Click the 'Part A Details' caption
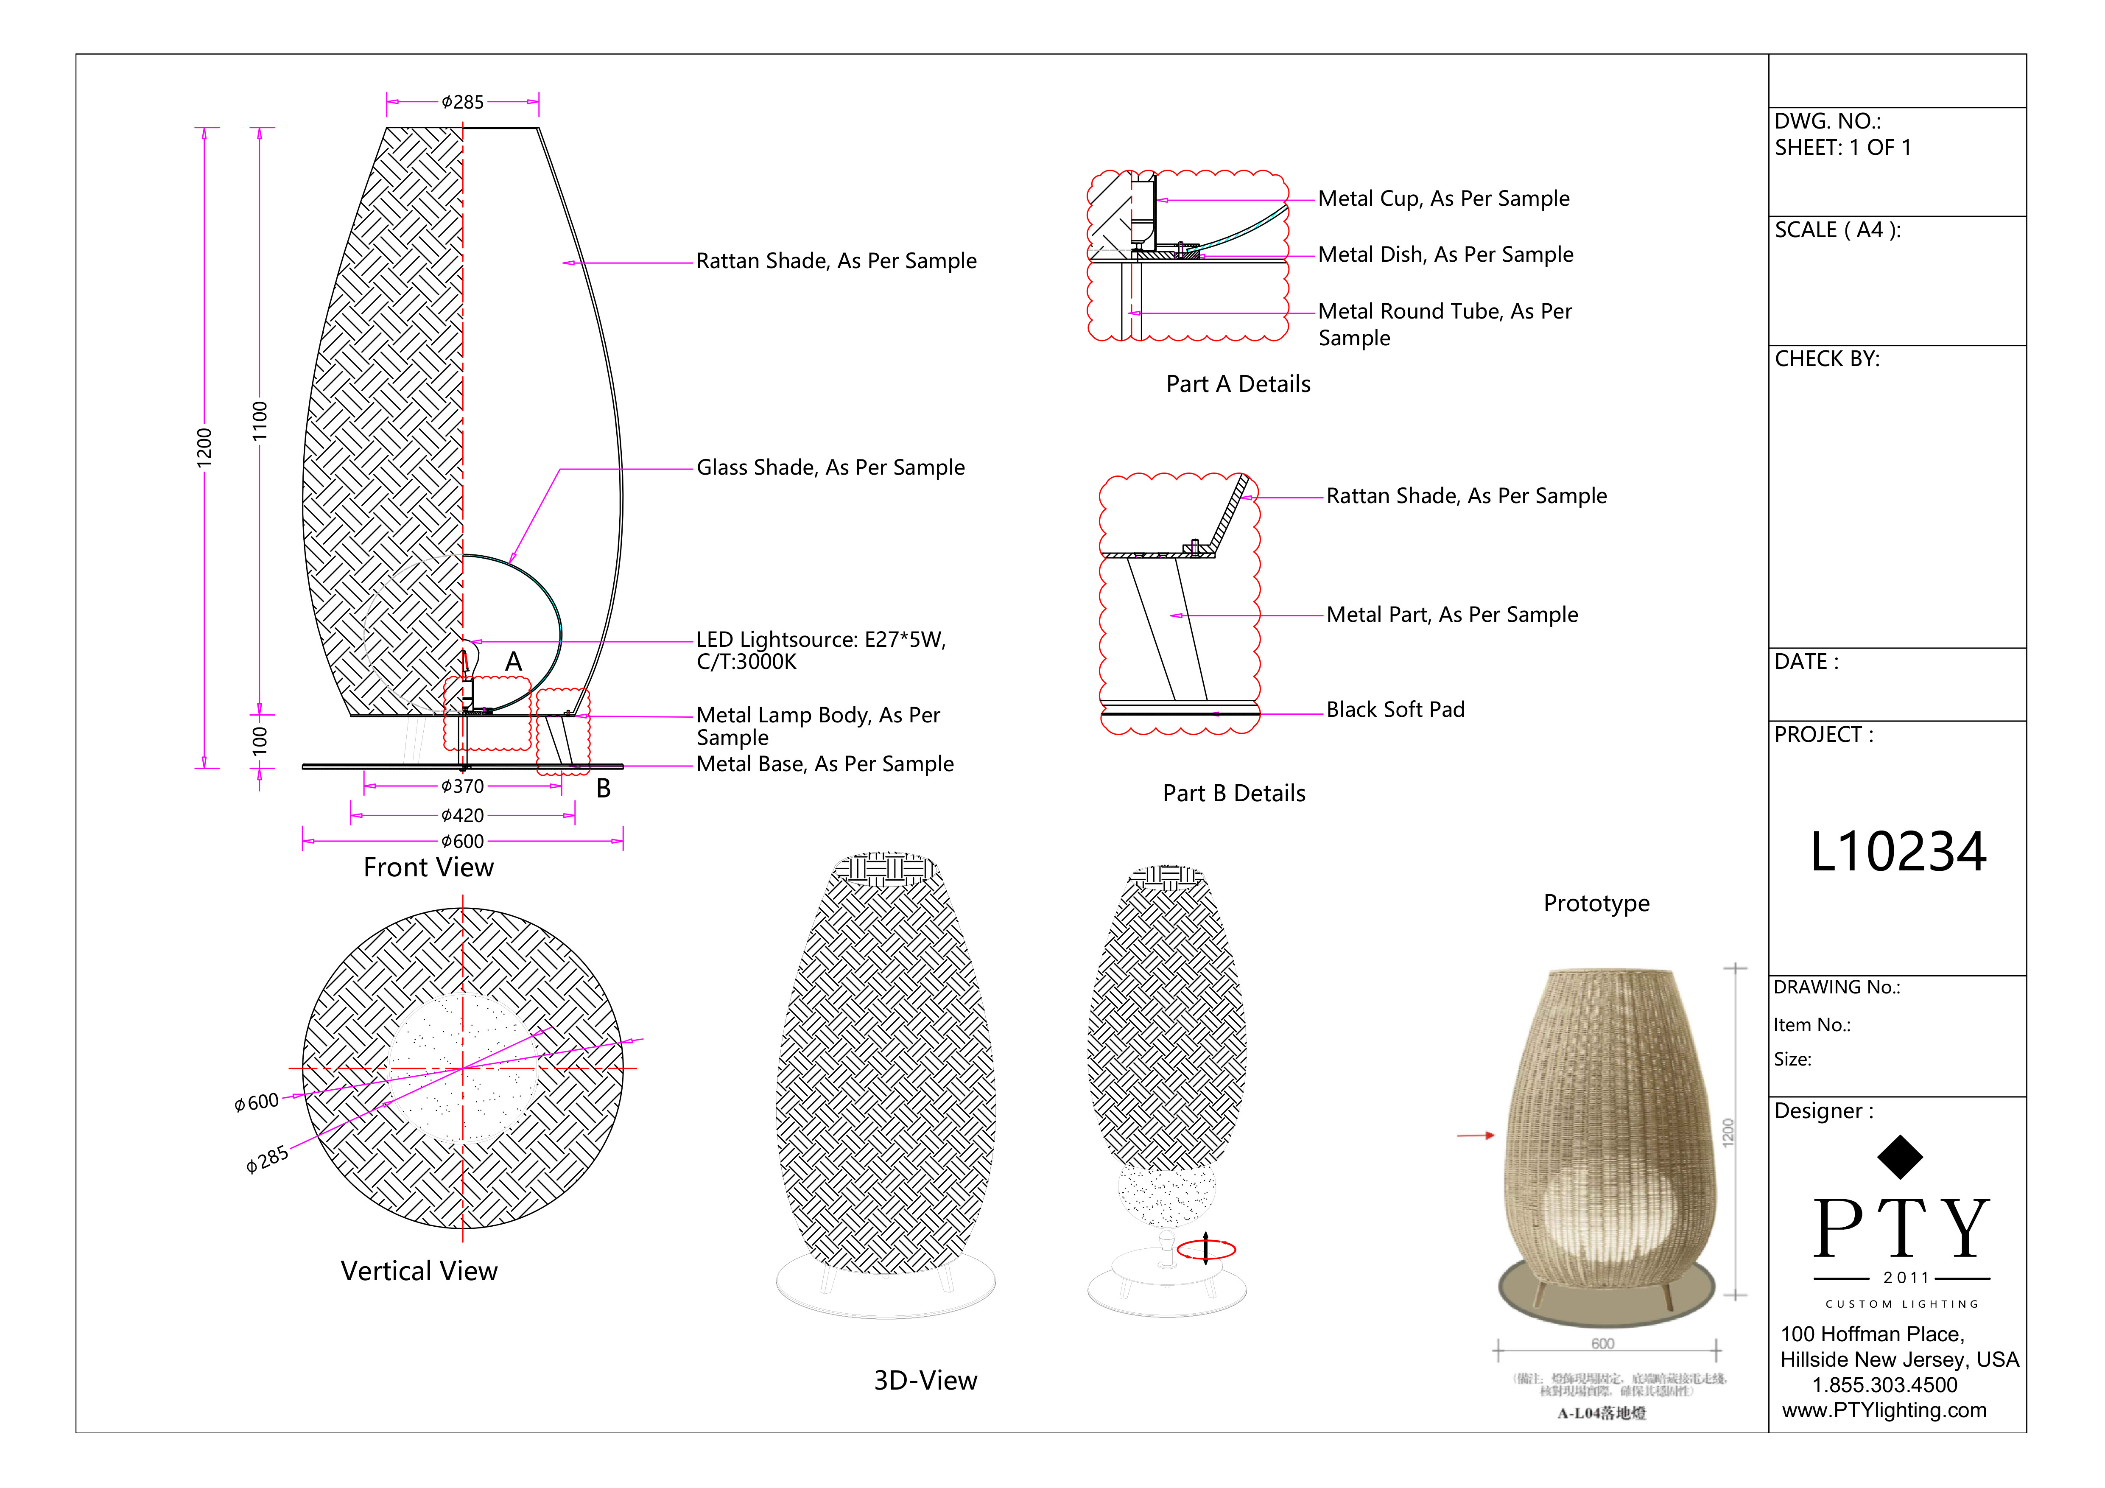click(x=1238, y=384)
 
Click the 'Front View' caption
click(x=428, y=867)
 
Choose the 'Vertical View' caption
click(x=419, y=1271)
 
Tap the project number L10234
click(x=1898, y=852)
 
